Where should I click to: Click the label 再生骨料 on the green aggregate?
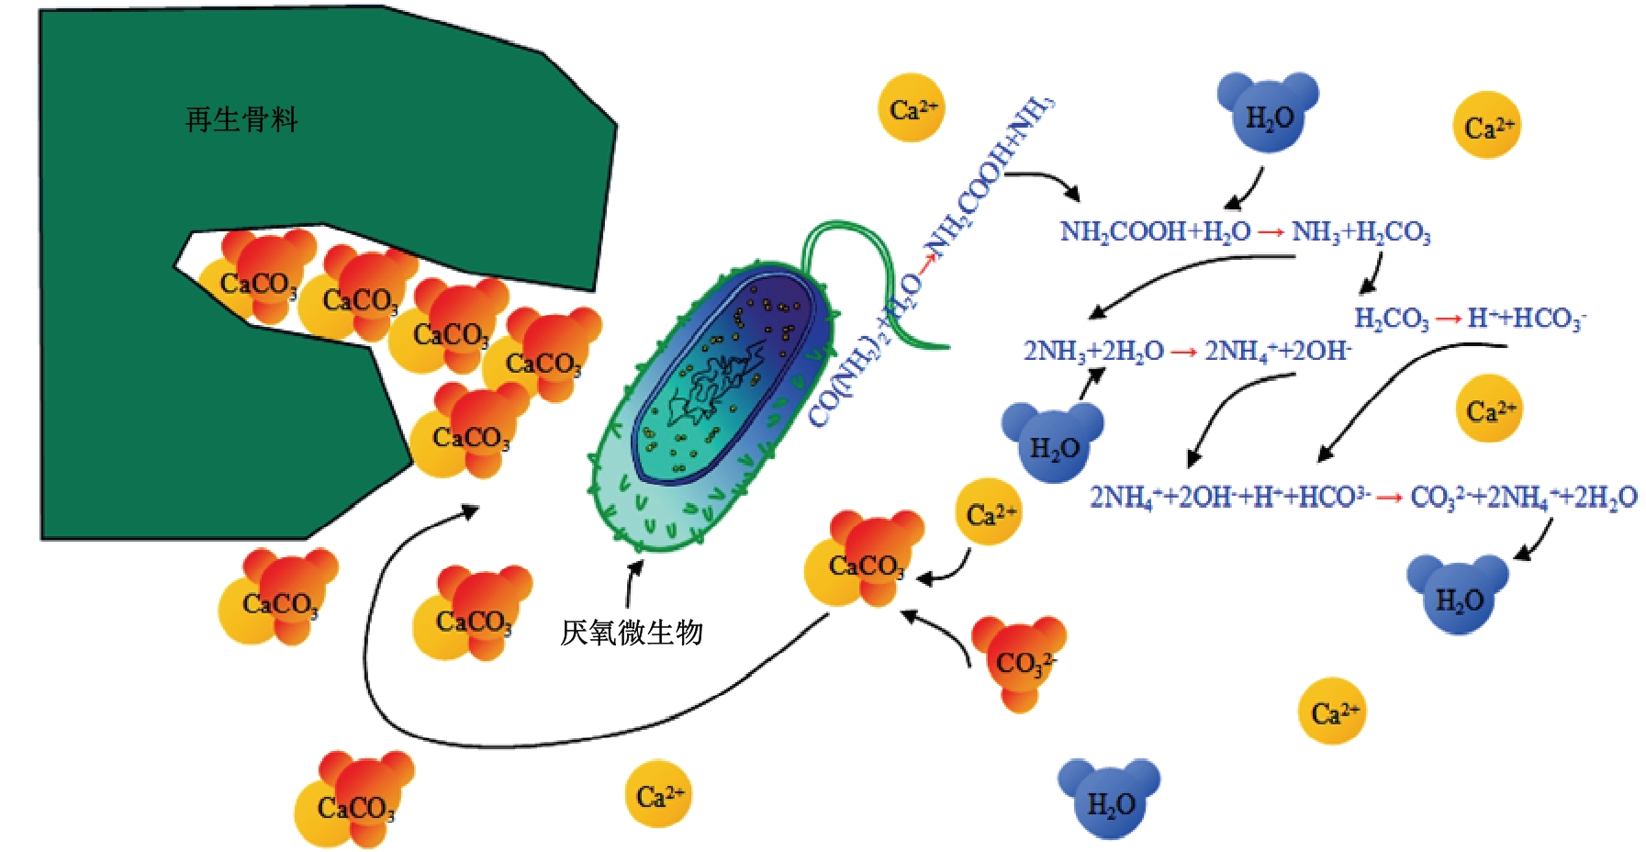click(x=241, y=120)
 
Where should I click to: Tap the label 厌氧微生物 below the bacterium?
click(x=632, y=633)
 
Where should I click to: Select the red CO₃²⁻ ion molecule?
click(x=1020, y=660)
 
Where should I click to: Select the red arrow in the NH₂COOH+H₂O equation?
click(x=1271, y=232)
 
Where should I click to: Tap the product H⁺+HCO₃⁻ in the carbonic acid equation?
click(x=1527, y=319)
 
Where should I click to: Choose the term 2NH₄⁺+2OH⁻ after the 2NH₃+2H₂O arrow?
click(x=1277, y=351)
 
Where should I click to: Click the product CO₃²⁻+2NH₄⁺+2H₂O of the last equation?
click(x=1523, y=498)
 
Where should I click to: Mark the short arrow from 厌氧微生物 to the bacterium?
click(x=633, y=581)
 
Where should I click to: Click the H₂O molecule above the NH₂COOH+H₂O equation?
click(x=1268, y=113)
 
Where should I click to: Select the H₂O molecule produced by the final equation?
click(x=1458, y=595)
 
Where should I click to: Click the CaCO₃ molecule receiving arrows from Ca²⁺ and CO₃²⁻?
click(x=864, y=562)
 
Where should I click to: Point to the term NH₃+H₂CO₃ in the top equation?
click(x=1360, y=232)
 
